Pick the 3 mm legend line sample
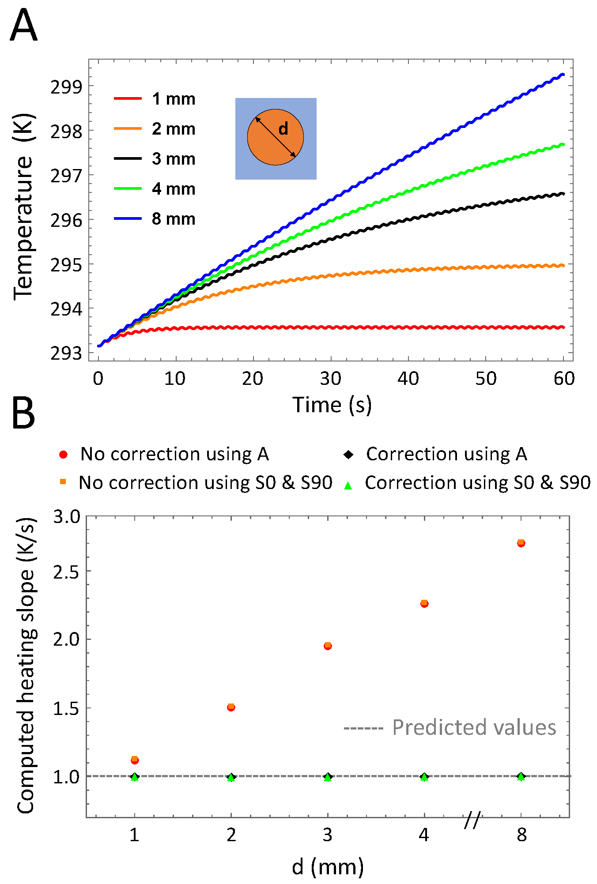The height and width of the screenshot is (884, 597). click(x=128, y=158)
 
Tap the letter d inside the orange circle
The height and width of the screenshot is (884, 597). click(x=283, y=129)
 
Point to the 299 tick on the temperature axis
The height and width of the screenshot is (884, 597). click(x=66, y=87)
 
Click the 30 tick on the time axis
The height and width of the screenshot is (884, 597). click(x=331, y=379)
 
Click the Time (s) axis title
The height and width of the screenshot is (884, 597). click(x=332, y=405)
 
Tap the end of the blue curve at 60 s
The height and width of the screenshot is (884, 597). click(x=563, y=75)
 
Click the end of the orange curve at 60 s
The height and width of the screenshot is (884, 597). click(x=563, y=265)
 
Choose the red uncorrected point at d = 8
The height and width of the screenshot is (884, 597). click(x=521, y=543)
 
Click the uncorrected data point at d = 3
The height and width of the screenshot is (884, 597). click(x=328, y=646)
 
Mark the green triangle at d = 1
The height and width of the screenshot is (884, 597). click(x=135, y=777)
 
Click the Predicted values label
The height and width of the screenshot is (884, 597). click(x=474, y=727)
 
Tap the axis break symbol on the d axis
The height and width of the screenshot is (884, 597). click(x=472, y=820)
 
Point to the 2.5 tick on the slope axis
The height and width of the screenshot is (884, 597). click(x=66, y=572)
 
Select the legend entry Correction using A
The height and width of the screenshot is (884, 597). click(x=446, y=454)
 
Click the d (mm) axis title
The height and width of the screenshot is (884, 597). click(x=328, y=867)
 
